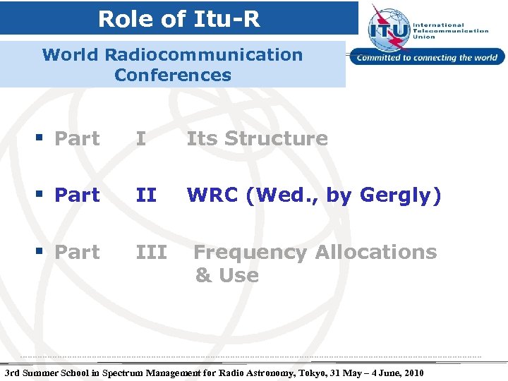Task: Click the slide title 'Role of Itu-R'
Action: (179, 18)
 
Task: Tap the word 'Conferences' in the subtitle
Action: (172, 75)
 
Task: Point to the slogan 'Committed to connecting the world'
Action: (428, 58)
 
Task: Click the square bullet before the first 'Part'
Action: (44, 139)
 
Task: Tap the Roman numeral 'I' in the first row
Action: (141, 139)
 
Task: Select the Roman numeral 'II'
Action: (145, 195)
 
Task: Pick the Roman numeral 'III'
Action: (151, 252)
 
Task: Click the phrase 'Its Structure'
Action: (257, 139)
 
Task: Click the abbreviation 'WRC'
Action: (212, 195)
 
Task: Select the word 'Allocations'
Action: (376, 252)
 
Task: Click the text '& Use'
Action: (226, 275)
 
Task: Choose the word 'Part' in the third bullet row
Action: (77, 252)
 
